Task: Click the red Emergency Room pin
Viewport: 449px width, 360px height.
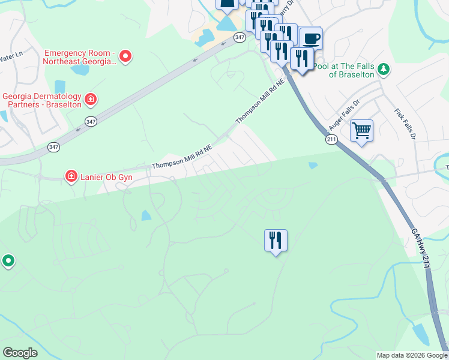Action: pyautogui.click(x=125, y=57)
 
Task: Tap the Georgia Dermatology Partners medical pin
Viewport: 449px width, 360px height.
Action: pyautogui.click(x=90, y=99)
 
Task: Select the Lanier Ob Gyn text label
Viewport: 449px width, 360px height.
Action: pyautogui.click(x=106, y=178)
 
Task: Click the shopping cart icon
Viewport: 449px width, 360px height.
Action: pyautogui.click(x=361, y=130)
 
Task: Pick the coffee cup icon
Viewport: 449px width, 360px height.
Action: pyautogui.click(x=311, y=39)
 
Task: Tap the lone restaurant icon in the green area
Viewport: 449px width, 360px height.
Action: pyautogui.click(x=276, y=241)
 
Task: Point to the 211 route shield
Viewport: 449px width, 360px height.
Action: pyautogui.click(x=333, y=139)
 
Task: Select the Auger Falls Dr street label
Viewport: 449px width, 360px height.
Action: pyautogui.click(x=343, y=116)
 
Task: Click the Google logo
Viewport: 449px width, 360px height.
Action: pyautogui.click(x=20, y=352)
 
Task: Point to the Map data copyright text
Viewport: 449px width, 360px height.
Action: pyautogui.click(x=412, y=355)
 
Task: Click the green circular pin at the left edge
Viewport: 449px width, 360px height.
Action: pyautogui.click(x=8, y=261)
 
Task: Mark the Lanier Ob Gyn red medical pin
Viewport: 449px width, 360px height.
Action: pyautogui.click(x=71, y=176)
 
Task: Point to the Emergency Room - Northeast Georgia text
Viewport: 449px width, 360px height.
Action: pyautogui.click(x=79, y=57)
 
